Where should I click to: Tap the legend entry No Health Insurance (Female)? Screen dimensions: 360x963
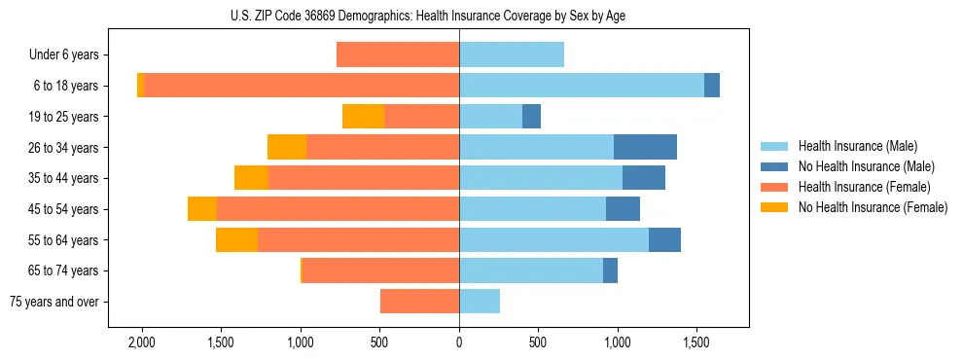pyautogui.click(x=873, y=207)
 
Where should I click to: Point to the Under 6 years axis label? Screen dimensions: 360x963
pyautogui.click(x=63, y=55)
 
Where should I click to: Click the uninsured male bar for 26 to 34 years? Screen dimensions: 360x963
pyautogui.click(x=645, y=147)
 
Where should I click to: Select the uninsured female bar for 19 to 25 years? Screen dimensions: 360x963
pyautogui.click(x=363, y=117)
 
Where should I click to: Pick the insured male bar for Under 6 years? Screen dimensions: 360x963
pyautogui.click(x=512, y=55)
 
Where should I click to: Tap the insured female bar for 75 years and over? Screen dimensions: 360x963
pyautogui.click(x=419, y=302)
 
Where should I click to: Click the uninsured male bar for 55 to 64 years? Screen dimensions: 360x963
pyautogui.click(x=664, y=239)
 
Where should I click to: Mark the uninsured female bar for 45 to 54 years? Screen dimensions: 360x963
pyautogui.click(x=202, y=209)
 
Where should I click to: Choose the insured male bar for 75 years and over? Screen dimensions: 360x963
pyautogui.click(x=480, y=302)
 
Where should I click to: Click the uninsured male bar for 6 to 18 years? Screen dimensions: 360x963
pyautogui.click(x=712, y=86)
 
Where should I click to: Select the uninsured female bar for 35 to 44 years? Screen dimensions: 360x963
pyautogui.click(x=251, y=178)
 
